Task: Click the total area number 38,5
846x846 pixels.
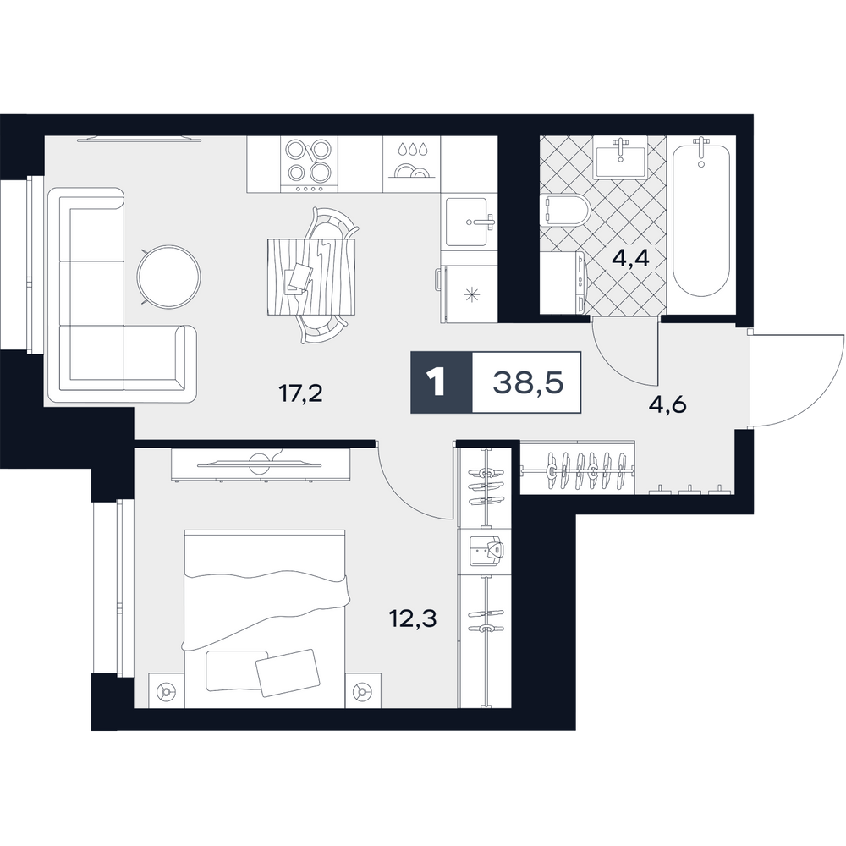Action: [x=528, y=382]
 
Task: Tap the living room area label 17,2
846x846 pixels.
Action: [x=300, y=394]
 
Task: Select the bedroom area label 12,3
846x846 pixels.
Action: [x=413, y=618]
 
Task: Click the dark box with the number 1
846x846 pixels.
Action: [x=442, y=382]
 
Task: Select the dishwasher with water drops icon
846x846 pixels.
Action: [x=412, y=164]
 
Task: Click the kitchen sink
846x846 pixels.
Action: [x=469, y=222]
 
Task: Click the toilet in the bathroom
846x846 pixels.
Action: [x=564, y=209]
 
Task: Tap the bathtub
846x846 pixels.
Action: [x=700, y=216]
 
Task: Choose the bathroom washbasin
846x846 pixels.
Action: [x=620, y=157]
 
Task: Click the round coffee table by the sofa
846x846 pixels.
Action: [x=168, y=277]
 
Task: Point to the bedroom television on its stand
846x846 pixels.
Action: [x=261, y=464]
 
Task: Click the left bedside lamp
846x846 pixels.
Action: [x=166, y=690]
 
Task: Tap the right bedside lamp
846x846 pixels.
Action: [x=363, y=690]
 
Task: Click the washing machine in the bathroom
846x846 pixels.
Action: [x=563, y=283]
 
